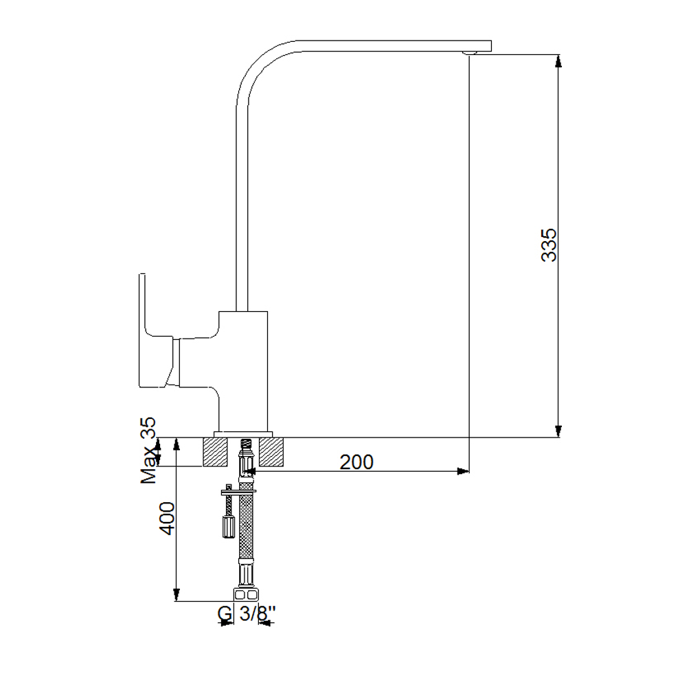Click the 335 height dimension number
tap(549, 245)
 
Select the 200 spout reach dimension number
tap(356, 462)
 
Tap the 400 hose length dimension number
tap(166, 518)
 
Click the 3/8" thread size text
tap(258, 613)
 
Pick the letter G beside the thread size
tap(224, 614)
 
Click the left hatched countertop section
tap(215, 452)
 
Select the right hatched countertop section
tap(271, 452)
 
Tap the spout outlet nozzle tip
tap(469, 53)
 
